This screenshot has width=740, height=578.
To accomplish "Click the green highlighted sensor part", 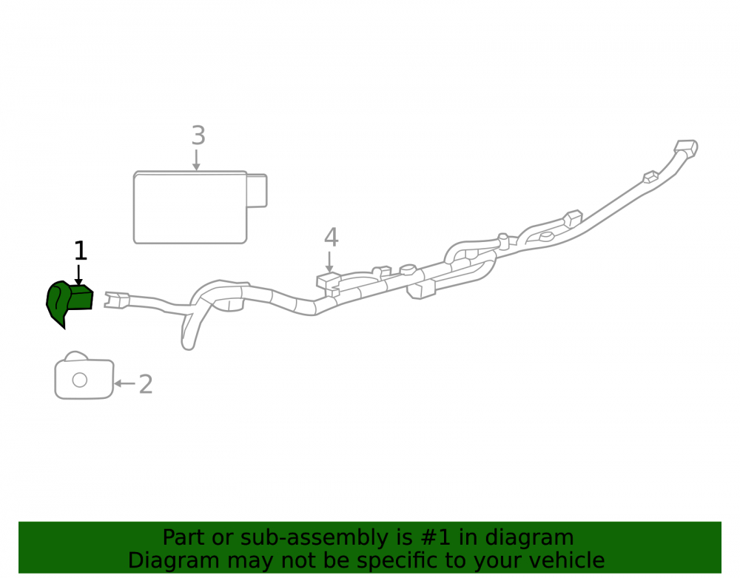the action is tap(69, 302).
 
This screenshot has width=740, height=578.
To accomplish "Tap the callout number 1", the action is tap(81, 251).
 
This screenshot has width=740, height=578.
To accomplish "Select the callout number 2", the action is tap(146, 385).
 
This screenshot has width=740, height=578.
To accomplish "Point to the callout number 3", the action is tap(198, 135).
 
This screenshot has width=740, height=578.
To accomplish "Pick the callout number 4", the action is tap(332, 238).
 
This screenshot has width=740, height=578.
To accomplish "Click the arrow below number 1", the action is tap(79, 275).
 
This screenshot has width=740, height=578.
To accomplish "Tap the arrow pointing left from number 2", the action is tap(124, 383).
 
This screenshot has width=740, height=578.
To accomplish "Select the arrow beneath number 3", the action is tap(196, 160).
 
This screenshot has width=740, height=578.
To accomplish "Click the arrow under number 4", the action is tap(329, 262).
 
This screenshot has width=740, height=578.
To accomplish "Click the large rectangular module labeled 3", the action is tap(190, 208).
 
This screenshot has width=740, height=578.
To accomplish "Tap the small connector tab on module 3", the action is tap(258, 191).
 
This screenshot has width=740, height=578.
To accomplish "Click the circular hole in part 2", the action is tap(80, 380).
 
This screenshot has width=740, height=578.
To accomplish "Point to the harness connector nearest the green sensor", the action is tap(117, 300).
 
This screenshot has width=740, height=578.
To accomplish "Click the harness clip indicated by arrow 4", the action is tap(329, 283).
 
